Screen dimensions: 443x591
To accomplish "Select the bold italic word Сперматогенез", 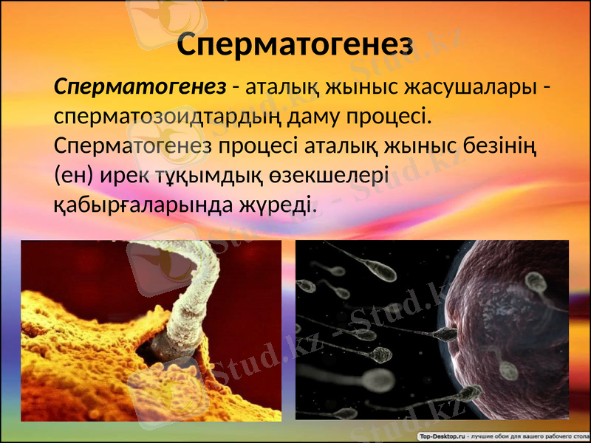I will [x=140, y=87].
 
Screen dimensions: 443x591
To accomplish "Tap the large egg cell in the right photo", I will [x=517, y=325].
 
